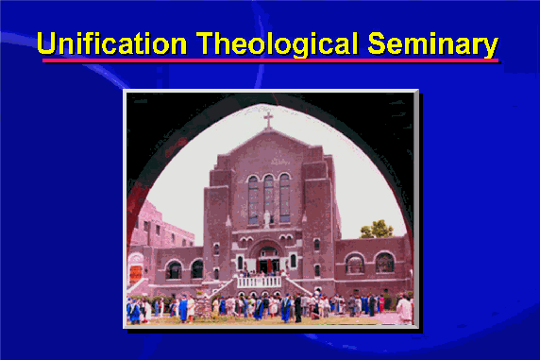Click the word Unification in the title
(112, 43)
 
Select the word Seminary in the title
(433, 44)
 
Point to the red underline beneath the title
(270, 60)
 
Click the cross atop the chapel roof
(268, 120)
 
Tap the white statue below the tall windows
(267, 218)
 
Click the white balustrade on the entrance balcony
(259, 283)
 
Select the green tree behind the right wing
(377, 229)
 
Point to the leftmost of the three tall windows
(253, 200)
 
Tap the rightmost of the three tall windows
(285, 197)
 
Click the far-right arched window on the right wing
(384, 263)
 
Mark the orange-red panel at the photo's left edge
(136, 274)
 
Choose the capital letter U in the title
(46, 43)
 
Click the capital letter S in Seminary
(377, 43)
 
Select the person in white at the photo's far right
(404, 309)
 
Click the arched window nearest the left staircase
(197, 269)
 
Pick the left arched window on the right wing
(354, 264)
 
